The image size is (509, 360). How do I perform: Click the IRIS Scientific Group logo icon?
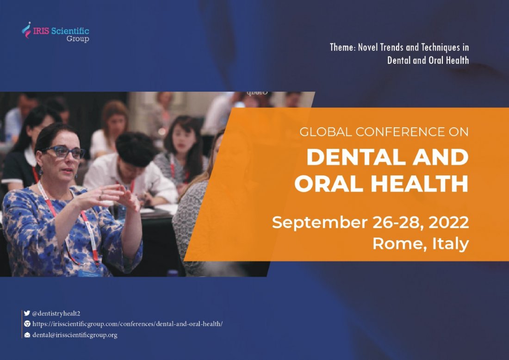coord(27,30)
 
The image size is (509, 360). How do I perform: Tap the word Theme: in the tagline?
coord(340,47)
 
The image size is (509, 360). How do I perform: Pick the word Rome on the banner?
coord(391,243)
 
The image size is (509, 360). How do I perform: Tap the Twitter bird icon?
coord(27,313)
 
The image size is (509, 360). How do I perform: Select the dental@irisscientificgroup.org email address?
coord(74,335)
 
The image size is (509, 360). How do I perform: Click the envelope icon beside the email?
coord(27,335)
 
